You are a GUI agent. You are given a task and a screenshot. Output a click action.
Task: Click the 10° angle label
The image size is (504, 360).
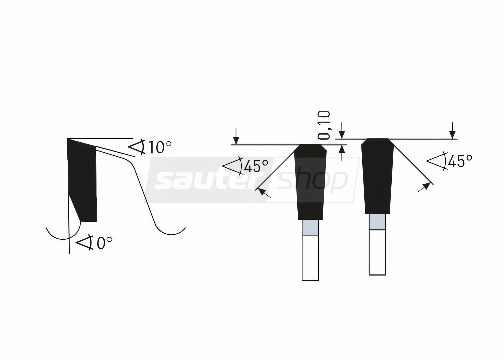[160, 147]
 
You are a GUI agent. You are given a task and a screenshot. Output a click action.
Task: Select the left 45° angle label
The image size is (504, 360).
[256, 166]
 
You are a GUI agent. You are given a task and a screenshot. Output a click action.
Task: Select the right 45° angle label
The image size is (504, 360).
[460, 161]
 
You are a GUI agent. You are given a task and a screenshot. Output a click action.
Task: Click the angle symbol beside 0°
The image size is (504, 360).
[85, 243]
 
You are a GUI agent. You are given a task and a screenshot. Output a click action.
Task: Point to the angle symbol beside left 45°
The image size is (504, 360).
[233, 166]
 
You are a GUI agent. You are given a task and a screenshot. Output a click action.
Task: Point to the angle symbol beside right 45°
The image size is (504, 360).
[437, 161]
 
